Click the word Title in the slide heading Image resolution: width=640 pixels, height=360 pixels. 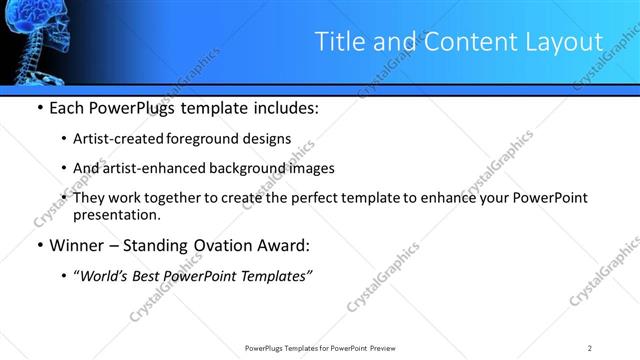tap(339, 42)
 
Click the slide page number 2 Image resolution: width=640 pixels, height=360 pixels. tap(590, 347)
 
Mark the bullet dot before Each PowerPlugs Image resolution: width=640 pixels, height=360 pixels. tap(39, 108)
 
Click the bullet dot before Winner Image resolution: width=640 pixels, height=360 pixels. tap(39, 244)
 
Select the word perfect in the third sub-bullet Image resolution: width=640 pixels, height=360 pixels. tap(325, 198)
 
